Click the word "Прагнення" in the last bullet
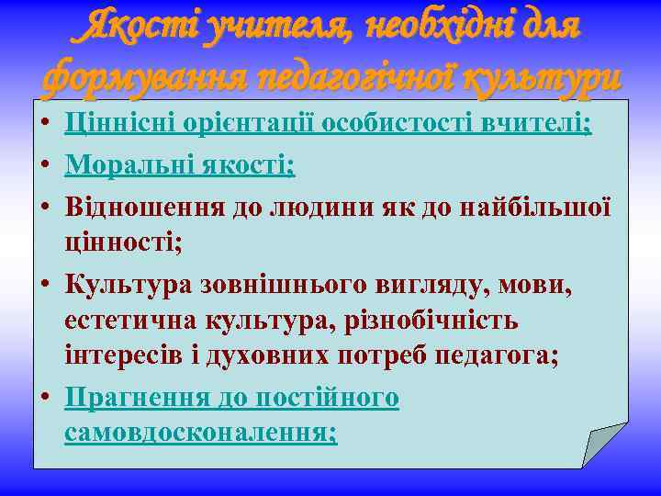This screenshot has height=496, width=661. [129, 398]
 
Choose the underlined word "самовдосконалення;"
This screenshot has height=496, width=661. [201, 434]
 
